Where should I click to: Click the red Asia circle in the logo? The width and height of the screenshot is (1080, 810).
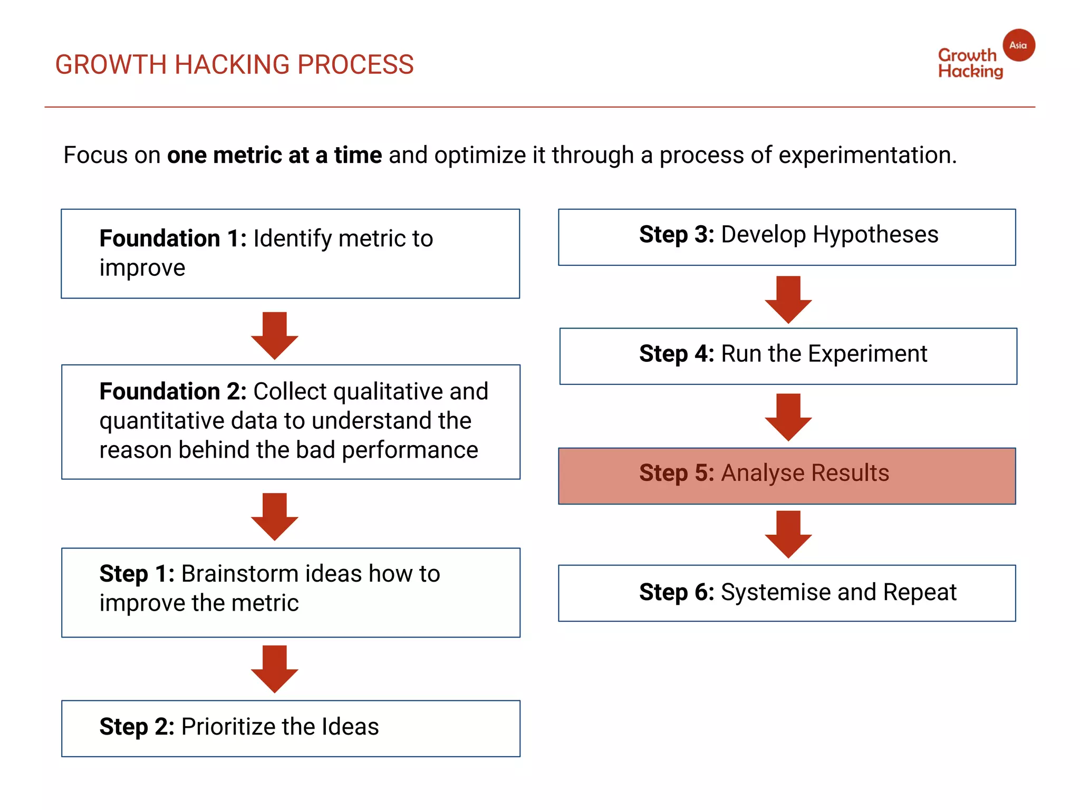pos(1018,45)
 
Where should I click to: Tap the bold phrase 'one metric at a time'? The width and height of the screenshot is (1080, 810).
pos(274,156)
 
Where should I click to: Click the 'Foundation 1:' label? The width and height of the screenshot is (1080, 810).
pos(173,238)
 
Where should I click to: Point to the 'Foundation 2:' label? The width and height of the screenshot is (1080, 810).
pos(173,391)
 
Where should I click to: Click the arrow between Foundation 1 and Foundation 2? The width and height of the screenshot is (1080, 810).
pos(274,335)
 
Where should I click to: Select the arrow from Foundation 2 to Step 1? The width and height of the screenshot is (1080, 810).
pos(274,516)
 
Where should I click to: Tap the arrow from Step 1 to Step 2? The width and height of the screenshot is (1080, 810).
pos(274,669)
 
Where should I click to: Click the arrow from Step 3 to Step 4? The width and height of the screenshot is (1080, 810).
pos(788,299)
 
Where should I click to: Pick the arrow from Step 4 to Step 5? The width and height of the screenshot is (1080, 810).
pos(788,417)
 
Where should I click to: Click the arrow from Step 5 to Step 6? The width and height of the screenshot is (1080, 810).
pos(788,534)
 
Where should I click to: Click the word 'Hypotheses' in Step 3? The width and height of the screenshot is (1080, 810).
pos(875,235)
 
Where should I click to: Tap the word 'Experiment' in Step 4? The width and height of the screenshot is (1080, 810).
pos(867,354)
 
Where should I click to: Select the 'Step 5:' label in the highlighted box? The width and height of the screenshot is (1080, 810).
pos(677,473)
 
